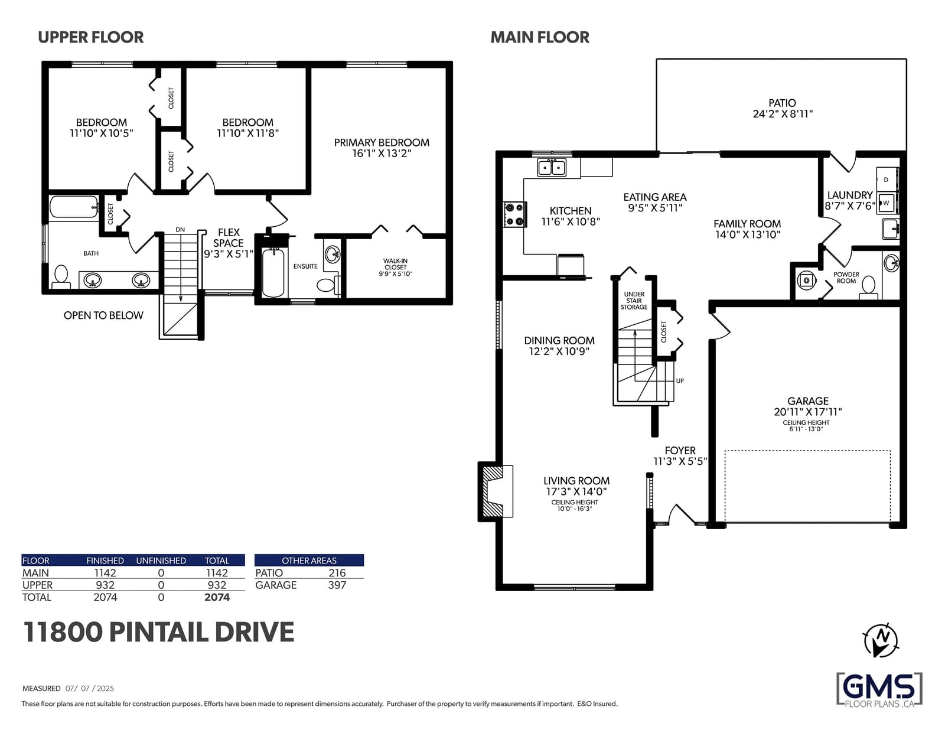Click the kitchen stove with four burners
tap(515, 214)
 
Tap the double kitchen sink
tap(552, 167)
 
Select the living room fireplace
tap(496, 491)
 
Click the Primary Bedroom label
tap(382, 142)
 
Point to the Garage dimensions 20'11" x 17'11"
tap(807, 412)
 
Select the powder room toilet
tap(868, 288)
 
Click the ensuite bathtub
tap(273, 272)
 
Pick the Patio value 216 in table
tap(337, 573)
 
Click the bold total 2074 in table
tap(217, 597)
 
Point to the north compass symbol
tap(881, 640)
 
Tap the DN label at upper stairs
tap(180, 230)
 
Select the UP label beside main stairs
tap(680, 381)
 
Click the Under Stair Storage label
tap(634, 301)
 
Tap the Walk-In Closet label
tap(395, 267)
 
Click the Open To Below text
tap(103, 315)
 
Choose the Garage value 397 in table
tap(337, 585)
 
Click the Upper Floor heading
tap(91, 37)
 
